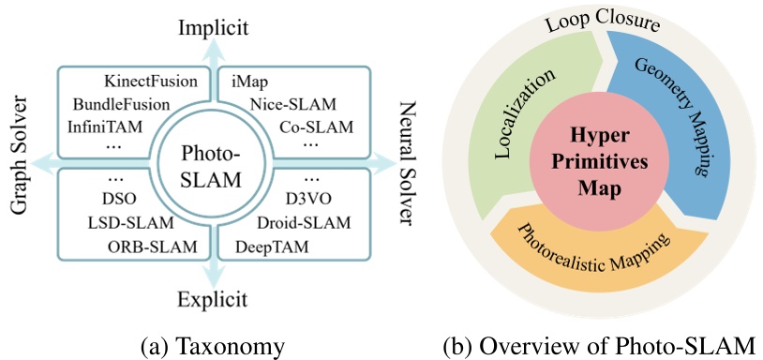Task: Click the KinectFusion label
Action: [152, 81]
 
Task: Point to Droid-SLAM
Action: [303, 223]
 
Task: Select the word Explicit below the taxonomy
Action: [212, 300]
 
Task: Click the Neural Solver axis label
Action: [406, 165]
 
